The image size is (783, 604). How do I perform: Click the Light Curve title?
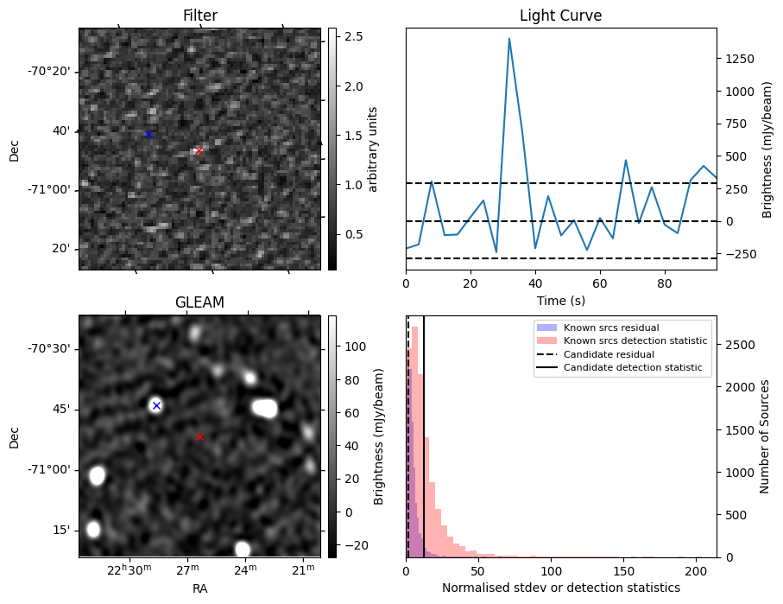click(560, 16)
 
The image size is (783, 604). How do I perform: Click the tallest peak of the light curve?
click(509, 39)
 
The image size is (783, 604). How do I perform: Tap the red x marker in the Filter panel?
click(199, 150)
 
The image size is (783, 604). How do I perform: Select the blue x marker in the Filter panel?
click(148, 134)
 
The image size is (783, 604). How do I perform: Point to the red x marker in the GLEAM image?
click(199, 437)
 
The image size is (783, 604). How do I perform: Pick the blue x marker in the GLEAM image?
click(156, 405)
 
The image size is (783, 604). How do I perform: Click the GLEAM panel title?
click(199, 302)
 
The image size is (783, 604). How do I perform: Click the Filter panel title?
click(199, 16)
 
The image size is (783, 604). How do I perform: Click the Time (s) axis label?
click(560, 299)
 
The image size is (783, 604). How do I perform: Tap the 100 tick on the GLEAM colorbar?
click(353, 347)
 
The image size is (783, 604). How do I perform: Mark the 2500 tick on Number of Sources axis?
click(739, 345)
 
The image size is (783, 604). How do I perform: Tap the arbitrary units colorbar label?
click(373, 149)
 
